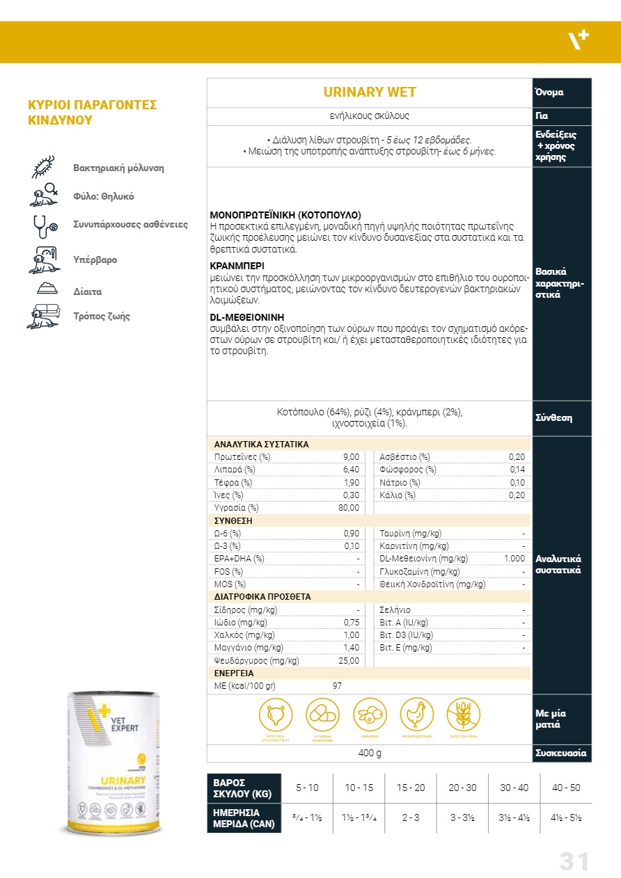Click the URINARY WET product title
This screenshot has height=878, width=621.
[370, 93]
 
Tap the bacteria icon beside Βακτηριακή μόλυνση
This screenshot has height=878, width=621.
[45, 168]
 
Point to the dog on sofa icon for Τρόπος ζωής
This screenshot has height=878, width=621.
[45, 317]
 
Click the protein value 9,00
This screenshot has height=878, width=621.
[351, 457]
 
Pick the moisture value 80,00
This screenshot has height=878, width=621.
[348, 508]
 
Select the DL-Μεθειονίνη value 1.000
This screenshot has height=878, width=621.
[514, 559]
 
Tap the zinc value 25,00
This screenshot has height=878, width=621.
[348, 661]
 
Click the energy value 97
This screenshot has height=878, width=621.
[337, 686]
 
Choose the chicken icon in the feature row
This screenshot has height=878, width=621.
[416, 715]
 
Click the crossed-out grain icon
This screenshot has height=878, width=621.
[463, 715]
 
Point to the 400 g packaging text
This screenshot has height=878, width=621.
[369, 753]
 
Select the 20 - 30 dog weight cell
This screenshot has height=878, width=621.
[462, 788]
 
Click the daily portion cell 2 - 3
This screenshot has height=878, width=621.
[411, 817]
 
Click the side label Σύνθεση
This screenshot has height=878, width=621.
[553, 418]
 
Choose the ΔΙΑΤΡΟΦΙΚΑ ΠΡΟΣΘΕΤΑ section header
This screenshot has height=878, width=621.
[262, 597]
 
